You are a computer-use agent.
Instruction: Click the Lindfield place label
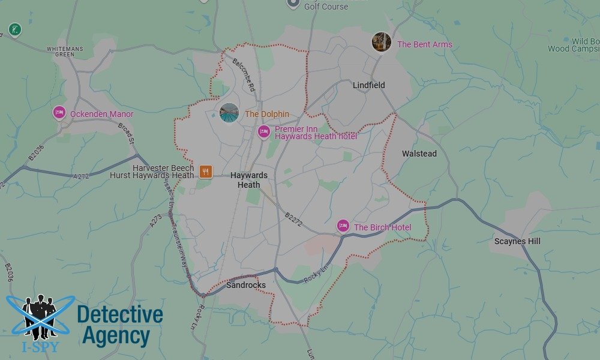tap(368, 85)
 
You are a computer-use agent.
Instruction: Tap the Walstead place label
tap(419, 154)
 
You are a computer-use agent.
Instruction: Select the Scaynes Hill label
tap(517, 241)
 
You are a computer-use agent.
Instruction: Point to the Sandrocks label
tap(246, 285)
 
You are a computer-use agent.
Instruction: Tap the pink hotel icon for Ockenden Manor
tap(59, 113)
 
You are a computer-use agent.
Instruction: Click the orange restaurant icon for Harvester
tap(205, 172)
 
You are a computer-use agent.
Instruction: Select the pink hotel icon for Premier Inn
tap(263, 131)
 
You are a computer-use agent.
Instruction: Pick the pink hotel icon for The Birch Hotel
tap(343, 226)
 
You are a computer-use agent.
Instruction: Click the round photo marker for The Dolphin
tap(229, 113)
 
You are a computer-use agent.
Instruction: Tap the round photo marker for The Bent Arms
tap(381, 42)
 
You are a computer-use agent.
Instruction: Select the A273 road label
tap(156, 223)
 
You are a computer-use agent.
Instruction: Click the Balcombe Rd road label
tap(244, 76)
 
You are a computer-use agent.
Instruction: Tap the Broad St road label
tap(126, 133)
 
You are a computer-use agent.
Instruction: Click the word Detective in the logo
tap(120, 315)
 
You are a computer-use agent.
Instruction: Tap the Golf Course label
tap(326, 7)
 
